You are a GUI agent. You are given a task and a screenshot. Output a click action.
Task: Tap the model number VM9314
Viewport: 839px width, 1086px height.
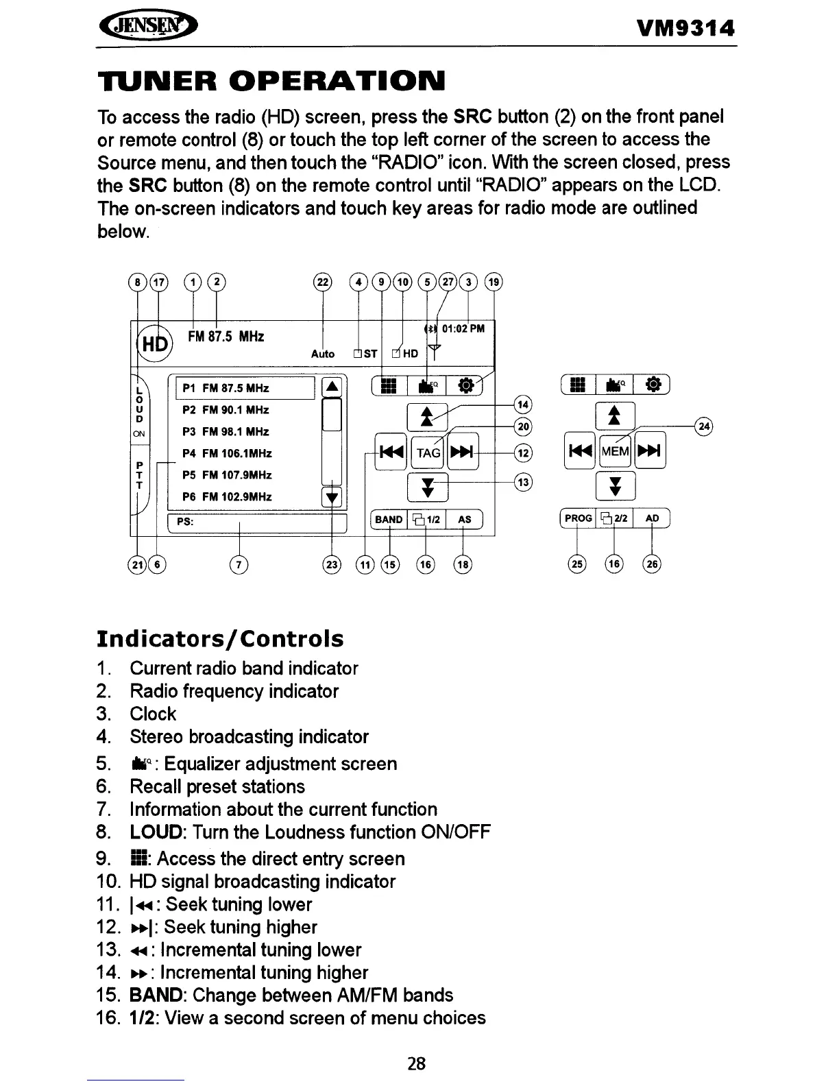685,29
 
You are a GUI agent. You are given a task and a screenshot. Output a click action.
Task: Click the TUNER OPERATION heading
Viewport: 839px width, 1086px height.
271,81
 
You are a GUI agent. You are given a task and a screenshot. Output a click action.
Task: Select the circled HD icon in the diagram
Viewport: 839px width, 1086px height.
156,343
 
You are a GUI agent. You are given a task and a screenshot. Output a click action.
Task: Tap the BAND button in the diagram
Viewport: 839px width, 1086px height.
389,520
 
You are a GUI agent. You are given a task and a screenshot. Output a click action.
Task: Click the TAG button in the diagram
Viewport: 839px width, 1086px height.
428,452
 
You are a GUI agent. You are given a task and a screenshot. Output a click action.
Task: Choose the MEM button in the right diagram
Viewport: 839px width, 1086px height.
615,452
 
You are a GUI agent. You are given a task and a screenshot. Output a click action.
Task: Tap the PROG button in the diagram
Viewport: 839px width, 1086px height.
578,518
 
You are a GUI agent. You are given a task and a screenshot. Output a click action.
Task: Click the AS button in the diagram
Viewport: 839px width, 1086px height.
465,520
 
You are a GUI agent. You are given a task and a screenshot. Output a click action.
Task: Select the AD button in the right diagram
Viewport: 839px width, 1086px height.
652,518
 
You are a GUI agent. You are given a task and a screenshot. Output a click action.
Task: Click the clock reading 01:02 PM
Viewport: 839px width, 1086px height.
463,328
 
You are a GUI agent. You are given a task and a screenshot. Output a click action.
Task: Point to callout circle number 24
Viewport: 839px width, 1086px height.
704,426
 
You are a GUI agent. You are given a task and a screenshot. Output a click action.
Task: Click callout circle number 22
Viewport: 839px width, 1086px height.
322,282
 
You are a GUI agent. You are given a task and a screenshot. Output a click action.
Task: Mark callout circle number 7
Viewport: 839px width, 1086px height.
239,564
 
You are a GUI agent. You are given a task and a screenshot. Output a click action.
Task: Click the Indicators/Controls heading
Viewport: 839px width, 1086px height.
220,639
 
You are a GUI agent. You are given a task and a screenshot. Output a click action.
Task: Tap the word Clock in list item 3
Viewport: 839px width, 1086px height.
153,714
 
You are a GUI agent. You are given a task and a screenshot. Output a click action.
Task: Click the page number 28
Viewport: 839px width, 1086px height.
416,1063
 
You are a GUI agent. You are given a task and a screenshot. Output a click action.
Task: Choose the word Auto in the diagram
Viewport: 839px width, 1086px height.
323,354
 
